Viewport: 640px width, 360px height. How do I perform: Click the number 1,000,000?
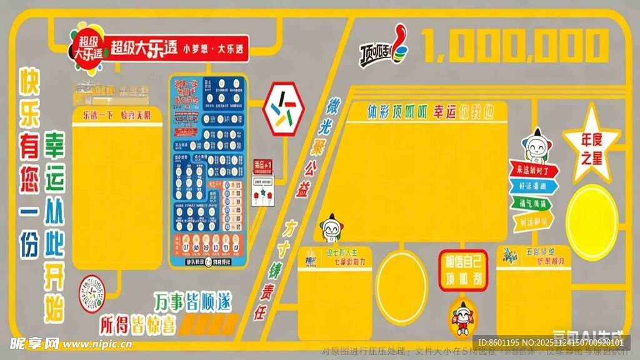[x=516, y=46]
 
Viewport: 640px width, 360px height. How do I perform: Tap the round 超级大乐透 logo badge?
[x=88, y=44]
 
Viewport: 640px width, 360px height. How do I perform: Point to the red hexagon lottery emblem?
[x=283, y=109]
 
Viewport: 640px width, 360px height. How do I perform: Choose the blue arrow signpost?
[x=531, y=186]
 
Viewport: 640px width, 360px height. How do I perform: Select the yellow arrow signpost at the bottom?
[x=532, y=221]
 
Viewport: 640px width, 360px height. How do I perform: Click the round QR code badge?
[x=92, y=294]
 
